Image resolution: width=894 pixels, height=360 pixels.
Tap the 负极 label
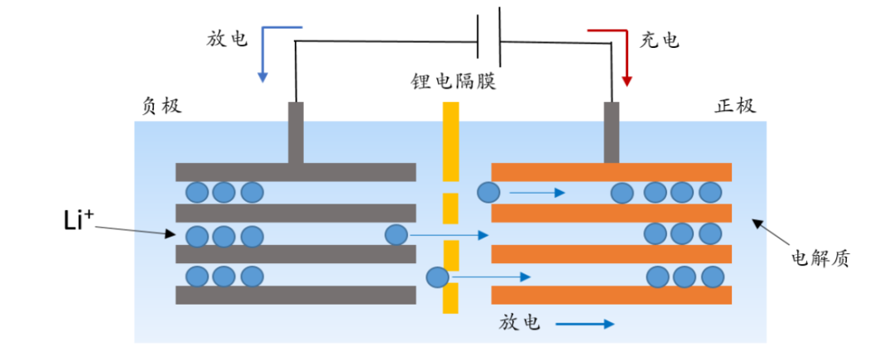click(161, 107)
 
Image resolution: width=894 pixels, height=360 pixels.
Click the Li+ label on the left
click(80, 221)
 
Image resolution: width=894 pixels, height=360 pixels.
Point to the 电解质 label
click(820, 258)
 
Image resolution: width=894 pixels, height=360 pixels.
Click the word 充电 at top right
click(660, 40)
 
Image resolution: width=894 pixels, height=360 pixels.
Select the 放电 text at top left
click(227, 40)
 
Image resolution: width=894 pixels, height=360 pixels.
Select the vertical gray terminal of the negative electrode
click(296, 132)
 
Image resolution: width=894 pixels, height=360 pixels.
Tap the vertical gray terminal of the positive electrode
click(612, 132)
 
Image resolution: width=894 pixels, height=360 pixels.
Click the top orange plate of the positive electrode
click(612, 172)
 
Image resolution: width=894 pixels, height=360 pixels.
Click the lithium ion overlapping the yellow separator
click(437, 276)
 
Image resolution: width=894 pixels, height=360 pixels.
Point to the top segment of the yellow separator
click(450, 142)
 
